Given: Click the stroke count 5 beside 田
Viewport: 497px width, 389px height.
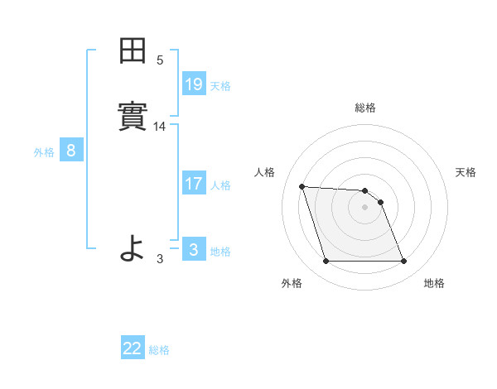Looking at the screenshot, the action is pos(160,60).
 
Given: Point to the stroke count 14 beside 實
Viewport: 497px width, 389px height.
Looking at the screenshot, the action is pos(160,127).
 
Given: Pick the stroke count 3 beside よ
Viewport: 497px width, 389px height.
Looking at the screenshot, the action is pos(160,258).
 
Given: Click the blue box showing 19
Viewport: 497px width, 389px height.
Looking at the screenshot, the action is pos(193,84).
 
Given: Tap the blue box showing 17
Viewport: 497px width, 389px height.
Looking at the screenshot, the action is pos(193,184).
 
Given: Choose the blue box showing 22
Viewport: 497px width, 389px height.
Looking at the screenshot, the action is pos(133,348).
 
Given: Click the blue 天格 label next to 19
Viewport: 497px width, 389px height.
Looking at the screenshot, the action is pos(220,85).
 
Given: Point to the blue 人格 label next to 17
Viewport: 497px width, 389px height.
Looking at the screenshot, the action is pos(220,185).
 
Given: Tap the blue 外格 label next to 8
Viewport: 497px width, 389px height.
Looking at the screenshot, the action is pos(44,152).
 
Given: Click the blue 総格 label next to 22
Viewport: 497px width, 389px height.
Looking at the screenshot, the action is pos(159,350).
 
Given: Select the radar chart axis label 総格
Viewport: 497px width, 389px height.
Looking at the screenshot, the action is pos(365,108).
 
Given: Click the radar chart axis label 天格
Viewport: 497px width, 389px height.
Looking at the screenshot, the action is pos(466,172).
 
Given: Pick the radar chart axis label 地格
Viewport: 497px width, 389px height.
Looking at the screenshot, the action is pos(434,283).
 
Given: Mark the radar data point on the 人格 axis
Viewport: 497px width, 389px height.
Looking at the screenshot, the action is pos(302,186).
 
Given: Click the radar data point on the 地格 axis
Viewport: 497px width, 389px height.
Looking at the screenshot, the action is pos(403,262).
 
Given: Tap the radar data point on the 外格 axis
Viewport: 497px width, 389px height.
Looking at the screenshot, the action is pos(326,262).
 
